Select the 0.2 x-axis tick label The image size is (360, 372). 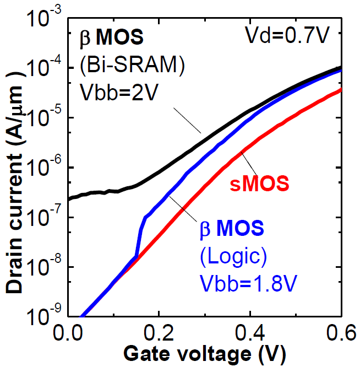[159, 334]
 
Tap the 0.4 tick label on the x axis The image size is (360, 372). [250, 334]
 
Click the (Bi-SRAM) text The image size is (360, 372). [132, 64]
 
